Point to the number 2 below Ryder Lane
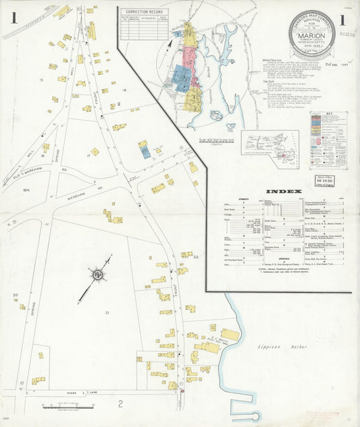(120, 404)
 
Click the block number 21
(106, 313)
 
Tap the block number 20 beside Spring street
(15, 295)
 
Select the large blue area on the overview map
(181, 76)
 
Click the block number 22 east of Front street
(196, 257)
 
